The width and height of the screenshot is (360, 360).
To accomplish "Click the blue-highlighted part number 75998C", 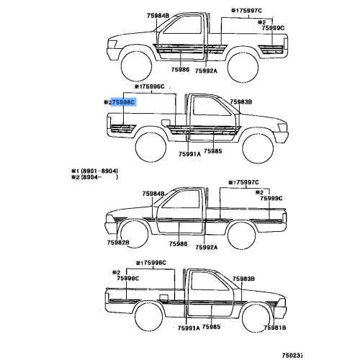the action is pos(123,102).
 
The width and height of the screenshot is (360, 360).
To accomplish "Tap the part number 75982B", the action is pos(118,243).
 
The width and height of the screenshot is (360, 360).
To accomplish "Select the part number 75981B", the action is pos(275,328).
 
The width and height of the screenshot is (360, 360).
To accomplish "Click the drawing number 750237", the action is pos(292,355).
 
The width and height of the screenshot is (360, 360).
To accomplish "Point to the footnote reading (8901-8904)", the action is pos(99,171).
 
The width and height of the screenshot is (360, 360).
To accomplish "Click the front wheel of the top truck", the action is pos(136,66).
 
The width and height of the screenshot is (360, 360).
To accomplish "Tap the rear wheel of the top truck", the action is pos(243,67).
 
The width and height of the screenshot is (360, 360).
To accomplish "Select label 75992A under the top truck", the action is pos(206,71).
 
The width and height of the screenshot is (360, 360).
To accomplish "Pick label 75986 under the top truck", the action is pos(180,70).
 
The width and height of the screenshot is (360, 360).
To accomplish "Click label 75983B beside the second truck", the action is pos(241,102).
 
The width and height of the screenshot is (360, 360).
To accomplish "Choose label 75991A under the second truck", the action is pos(189,154).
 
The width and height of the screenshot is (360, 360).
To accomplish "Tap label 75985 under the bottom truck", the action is pos(211,327).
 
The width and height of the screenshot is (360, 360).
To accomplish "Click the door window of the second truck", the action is pos(211,106).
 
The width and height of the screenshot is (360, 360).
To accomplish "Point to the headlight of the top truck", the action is pos(112,44).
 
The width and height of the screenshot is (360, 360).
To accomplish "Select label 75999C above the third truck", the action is pos(271,198).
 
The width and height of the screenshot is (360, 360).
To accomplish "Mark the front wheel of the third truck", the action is pos(134,233).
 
